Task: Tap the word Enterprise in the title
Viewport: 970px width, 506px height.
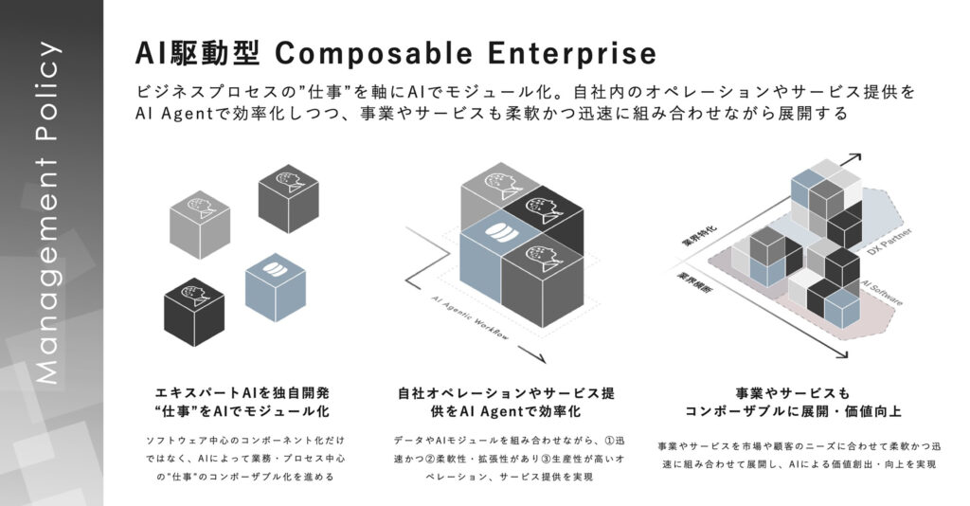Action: point(573,52)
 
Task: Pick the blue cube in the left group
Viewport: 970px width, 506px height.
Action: point(276,281)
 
